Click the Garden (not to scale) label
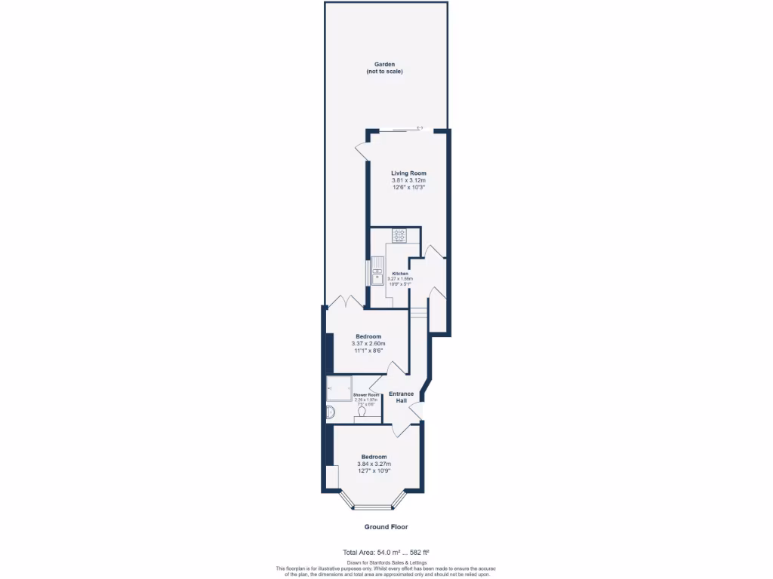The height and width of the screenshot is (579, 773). coord(384,68)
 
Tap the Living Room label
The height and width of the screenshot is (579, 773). coord(408,173)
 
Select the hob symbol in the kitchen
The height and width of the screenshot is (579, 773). coord(399,236)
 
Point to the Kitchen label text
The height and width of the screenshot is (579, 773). coord(400,273)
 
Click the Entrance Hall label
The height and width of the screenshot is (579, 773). coord(402,397)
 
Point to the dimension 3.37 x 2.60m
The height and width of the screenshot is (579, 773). coord(368,344)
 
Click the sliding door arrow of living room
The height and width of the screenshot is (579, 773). coord(420,127)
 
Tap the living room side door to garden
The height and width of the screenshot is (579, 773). coord(362,151)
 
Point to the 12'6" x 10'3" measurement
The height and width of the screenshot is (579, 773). coord(408,188)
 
